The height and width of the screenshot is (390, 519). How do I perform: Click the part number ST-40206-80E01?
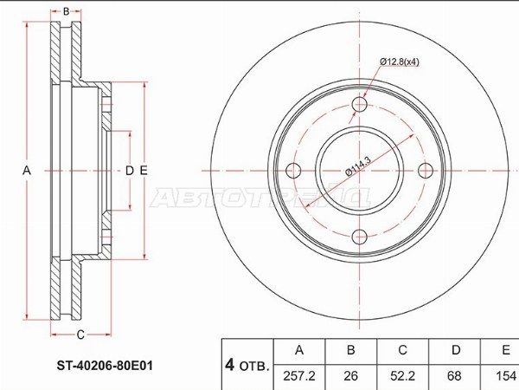[x=105, y=366]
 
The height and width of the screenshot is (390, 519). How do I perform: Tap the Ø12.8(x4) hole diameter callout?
[x=400, y=62]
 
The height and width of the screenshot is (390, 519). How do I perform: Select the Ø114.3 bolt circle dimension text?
[x=358, y=166]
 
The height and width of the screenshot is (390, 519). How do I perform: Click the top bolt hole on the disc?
[x=360, y=105]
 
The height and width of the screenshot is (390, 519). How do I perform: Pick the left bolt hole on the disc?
[x=293, y=171]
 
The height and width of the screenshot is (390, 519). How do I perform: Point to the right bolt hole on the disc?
[x=426, y=171]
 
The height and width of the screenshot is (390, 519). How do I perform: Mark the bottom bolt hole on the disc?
[x=360, y=237]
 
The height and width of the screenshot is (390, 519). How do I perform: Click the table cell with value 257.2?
[x=299, y=377]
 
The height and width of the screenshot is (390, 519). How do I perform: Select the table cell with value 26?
[x=351, y=377]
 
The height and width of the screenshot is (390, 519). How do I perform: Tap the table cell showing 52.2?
[x=402, y=377]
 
